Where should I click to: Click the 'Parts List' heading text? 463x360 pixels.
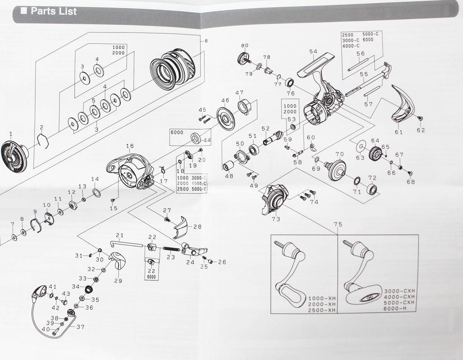tap(53, 11)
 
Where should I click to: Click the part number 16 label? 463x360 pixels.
tap(130, 146)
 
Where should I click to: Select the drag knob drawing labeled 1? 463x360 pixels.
tap(14, 156)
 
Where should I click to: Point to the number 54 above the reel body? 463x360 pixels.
tap(313, 51)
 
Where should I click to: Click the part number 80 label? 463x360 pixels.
tap(245, 46)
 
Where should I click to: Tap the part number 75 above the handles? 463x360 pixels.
tap(338, 225)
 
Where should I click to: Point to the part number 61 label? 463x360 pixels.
tap(398, 132)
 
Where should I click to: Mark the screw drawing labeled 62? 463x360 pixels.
tap(420, 118)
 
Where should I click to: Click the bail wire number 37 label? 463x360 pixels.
tap(80, 327)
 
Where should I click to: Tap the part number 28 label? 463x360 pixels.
tap(197, 227)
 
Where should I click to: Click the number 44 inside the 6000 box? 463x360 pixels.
tap(207, 140)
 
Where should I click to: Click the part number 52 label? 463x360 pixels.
tap(265, 128)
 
